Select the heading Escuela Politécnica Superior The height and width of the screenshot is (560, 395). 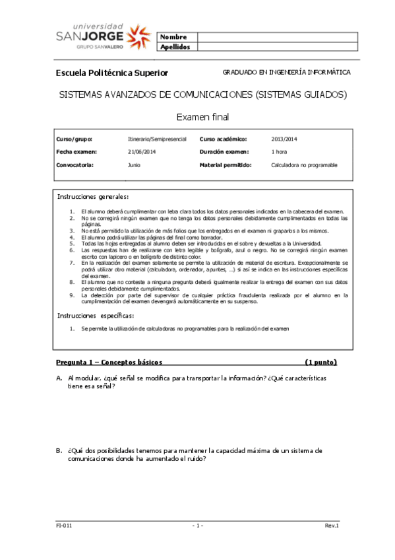click(112, 73)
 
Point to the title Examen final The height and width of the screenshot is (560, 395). click(202, 117)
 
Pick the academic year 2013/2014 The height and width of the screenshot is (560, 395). click(285, 139)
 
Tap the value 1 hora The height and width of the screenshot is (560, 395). click(278, 152)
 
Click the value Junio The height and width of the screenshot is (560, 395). click(134, 164)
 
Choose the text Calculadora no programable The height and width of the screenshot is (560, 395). click(304, 164)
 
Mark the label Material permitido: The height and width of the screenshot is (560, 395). click(226, 164)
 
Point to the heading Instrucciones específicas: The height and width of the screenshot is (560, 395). click(95, 316)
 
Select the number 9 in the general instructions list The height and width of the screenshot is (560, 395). click(71, 295)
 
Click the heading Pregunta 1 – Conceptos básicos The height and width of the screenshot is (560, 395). click(109, 362)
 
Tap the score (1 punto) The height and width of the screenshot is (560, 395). click(321, 362)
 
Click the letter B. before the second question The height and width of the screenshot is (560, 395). click(59, 450)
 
